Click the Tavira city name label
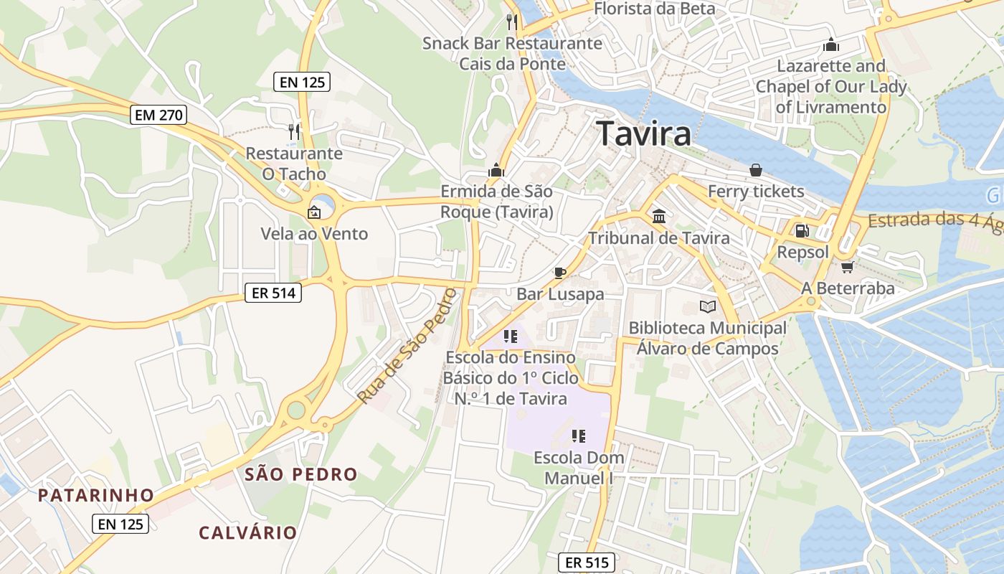point(643,133)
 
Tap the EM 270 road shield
point(158,114)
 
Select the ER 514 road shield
point(273,292)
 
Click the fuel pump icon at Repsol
point(802,231)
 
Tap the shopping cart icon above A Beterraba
point(847,267)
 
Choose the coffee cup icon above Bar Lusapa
point(560,273)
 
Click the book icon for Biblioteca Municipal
point(708,307)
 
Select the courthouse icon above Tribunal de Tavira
point(658,217)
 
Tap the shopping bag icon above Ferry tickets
point(755,170)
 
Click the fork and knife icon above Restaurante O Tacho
point(293,131)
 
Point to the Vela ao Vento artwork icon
point(313,212)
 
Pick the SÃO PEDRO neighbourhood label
point(300,474)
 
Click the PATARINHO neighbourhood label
point(96,495)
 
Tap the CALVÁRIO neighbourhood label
point(247,532)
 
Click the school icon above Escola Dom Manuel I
point(579,436)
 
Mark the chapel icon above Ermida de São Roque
point(496,170)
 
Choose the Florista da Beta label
point(655,9)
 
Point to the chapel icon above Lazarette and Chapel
point(831,44)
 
